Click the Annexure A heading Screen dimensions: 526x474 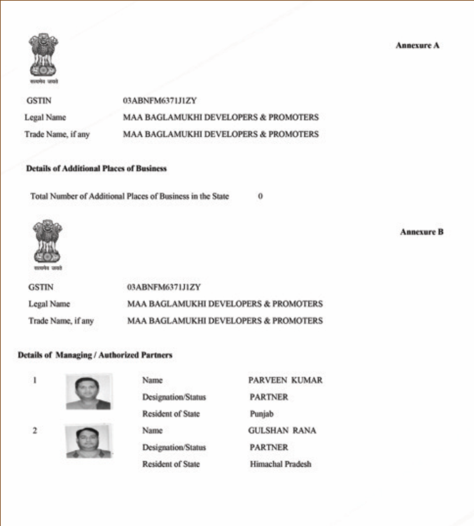[x=417, y=46]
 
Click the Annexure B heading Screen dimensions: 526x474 [x=421, y=232]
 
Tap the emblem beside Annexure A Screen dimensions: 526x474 [x=43, y=57]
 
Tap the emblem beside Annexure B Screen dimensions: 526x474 [x=48, y=244]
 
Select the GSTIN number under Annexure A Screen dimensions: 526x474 [x=160, y=101]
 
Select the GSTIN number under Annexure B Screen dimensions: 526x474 [x=164, y=287]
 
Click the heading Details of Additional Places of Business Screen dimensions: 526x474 [x=96, y=169]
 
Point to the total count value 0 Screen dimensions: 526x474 [x=260, y=196]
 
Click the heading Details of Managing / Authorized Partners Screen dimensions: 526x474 [x=95, y=355]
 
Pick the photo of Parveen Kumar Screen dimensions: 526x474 [x=88, y=392]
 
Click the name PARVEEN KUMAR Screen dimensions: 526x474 [x=285, y=380]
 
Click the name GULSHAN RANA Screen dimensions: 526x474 [x=282, y=431]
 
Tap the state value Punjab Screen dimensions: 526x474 [x=262, y=414]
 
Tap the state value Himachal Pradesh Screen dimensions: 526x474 [x=280, y=464]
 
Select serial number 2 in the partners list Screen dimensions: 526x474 [x=34, y=431]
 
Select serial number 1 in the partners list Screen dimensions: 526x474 [x=34, y=380]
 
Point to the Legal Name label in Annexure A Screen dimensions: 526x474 [x=46, y=118]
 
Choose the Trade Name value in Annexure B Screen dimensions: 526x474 [x=225, y=321]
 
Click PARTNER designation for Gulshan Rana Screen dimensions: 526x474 [x=269, y=448]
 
